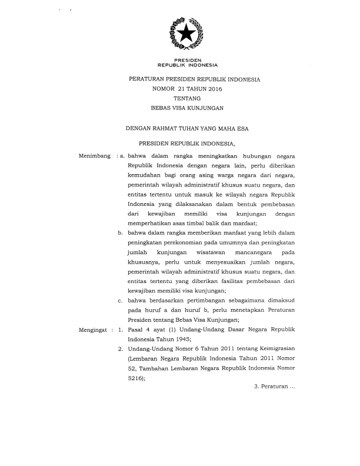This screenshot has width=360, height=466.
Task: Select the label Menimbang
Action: (x=95, y=156)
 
